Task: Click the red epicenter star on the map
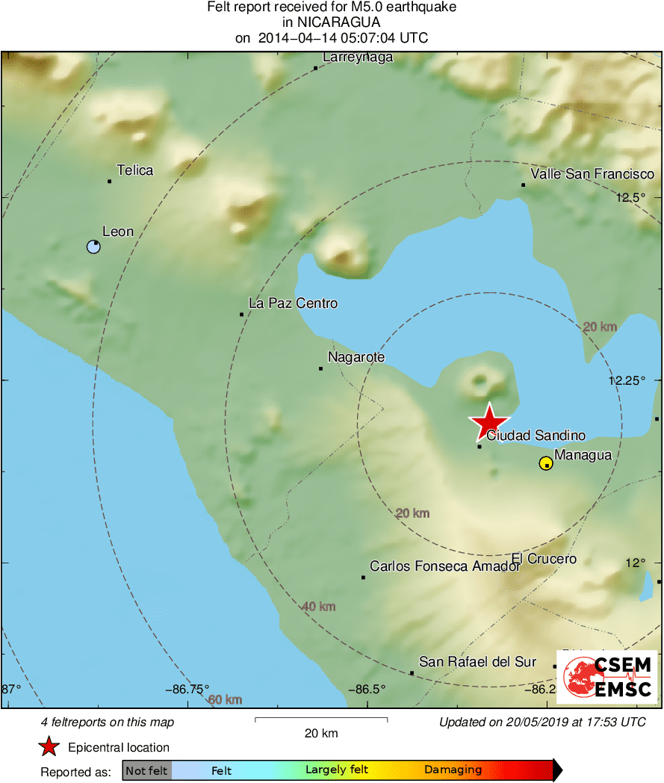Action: point(488,422)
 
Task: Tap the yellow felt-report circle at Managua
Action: point(546,463)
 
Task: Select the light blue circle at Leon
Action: point(93,247)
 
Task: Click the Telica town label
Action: point(135,170)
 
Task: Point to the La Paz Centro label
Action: point(293,303)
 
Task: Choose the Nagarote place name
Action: point(356,357)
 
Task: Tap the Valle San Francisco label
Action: point(592,174)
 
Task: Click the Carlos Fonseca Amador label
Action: point(445,566)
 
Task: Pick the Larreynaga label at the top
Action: point(358,58)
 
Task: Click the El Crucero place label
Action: point(544,559)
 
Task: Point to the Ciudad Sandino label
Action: point(536,436)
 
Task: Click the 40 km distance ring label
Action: point(318,606)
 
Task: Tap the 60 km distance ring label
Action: point(225,699)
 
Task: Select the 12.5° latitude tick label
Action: point(630,198)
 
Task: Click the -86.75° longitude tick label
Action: point(187,689)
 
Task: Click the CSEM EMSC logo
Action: point(607,677)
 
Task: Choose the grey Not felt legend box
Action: point(146,770)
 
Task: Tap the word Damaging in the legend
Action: point(453,770)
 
